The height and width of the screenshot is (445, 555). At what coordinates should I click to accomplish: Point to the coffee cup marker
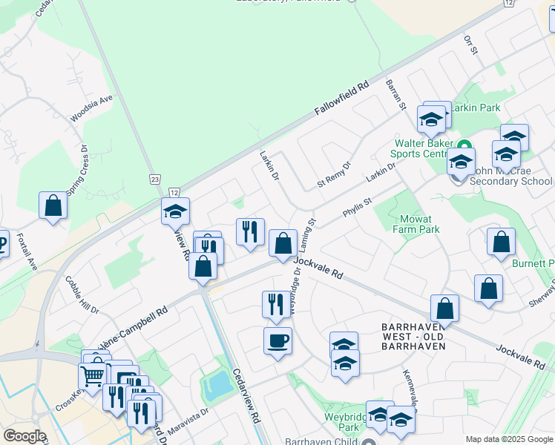(277, 341)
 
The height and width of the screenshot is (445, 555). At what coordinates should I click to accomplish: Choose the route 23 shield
(154, 179)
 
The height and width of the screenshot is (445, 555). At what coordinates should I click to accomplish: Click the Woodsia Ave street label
(91, 108)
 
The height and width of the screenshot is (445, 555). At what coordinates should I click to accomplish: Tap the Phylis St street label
(356, 208)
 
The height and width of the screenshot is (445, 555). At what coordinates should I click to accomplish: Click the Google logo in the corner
(24, 436)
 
